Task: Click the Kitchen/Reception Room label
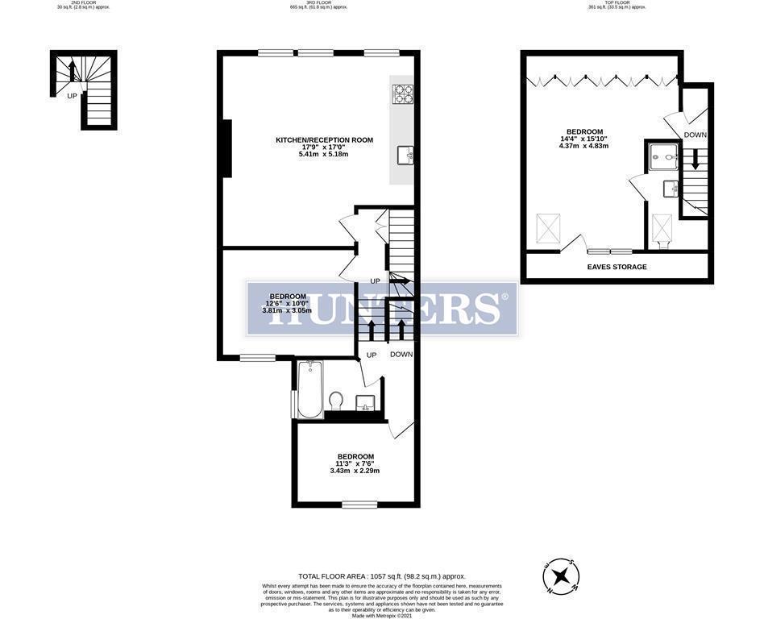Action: coord(324,140)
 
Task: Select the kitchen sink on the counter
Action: coord(404,155)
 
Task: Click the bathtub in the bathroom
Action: coord(309,391)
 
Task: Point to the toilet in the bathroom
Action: coord(336,400)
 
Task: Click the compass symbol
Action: coord(561,576)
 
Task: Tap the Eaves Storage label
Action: coord(617,267)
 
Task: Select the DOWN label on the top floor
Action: coord(695,135)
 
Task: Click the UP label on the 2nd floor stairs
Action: coord(72,96)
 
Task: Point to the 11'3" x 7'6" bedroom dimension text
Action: coord(355,463)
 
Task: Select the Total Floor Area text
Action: coord(382,576)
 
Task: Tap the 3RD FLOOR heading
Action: coord(318,4)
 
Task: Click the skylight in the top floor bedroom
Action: coord(550,228)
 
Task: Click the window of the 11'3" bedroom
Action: coord(359,505)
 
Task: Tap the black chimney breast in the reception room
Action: coord(227,148)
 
